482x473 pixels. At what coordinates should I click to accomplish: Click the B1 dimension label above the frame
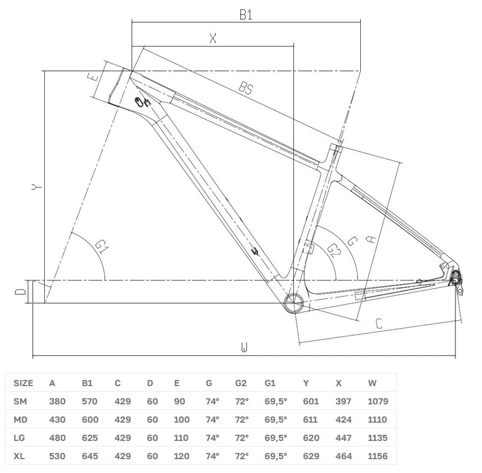pos(246,14)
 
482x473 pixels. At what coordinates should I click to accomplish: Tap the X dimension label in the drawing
pos(213,38)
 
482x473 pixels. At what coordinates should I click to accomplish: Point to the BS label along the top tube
pos(246,88)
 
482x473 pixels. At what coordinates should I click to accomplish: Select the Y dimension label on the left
pos(37,186)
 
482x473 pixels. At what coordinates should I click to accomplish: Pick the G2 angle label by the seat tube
pos(334,250)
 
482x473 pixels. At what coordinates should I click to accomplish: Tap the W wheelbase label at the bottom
pos(244,347)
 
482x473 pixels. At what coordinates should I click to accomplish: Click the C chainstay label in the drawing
pos(379,324)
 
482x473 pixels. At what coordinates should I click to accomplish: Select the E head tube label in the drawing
pos(94,76)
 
